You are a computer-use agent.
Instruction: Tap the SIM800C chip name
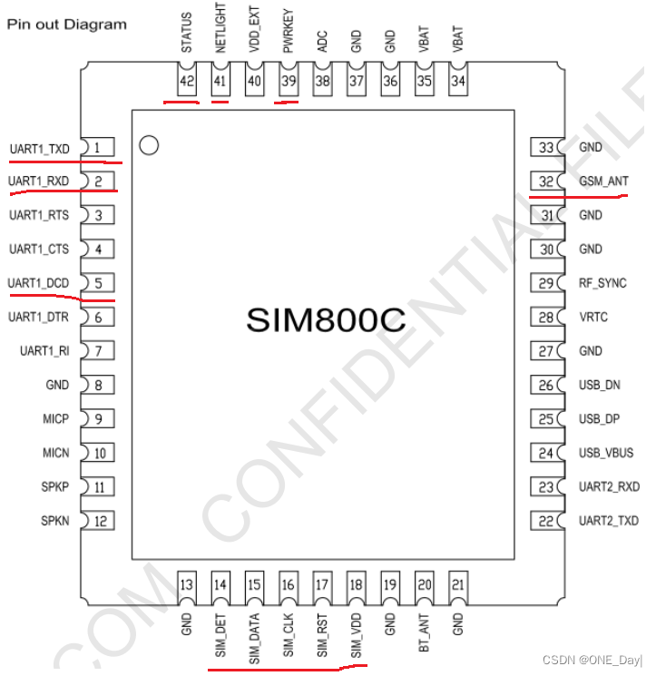[x=325, y=319]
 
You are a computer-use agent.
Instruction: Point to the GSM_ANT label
[x=603, y=181]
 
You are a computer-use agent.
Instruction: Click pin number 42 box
[x=187, y=82]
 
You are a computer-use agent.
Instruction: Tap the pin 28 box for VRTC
[x=546, y=318]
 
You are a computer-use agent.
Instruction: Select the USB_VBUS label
[x=606, y=453]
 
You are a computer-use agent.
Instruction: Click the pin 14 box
[x=220, y=585]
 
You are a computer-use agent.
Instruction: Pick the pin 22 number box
[x=546, y=521]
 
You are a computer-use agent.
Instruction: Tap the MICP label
[x=54, y=419]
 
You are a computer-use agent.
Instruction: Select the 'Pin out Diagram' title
[x=67, y=24]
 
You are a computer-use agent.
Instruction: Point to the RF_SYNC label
[x=602, y=283]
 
